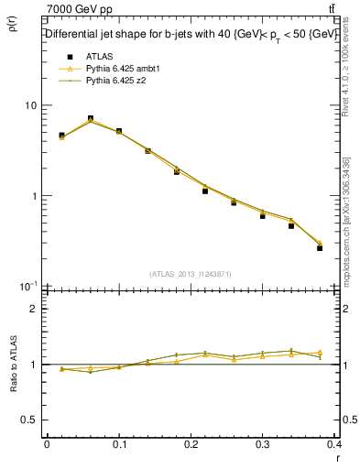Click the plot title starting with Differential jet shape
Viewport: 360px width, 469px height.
(191, 34)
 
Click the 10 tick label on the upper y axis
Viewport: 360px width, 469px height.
(30, 105)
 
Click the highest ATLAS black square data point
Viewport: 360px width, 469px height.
(90, 118)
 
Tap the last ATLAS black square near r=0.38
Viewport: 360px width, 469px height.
(320, 247)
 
